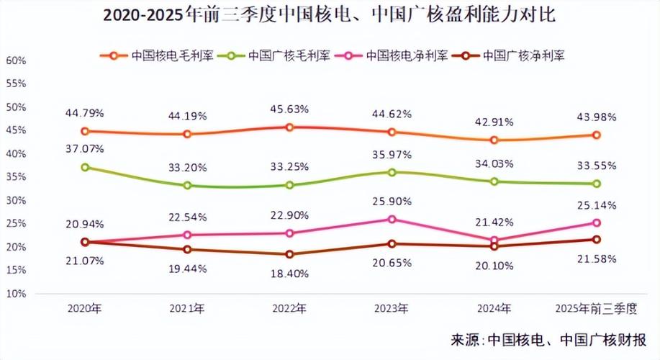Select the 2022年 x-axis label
point(289,309)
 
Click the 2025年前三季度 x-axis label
point(597,309)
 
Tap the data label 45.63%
point(289,109)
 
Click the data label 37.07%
point(85,149)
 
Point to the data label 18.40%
point(289,274)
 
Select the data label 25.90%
point(392,199)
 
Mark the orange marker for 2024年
point(494,140)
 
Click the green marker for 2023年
point(392,172)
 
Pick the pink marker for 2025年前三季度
point(597,223)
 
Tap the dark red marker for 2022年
point(289,254)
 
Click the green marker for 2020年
point(85,167)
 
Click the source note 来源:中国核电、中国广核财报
point(548,340)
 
